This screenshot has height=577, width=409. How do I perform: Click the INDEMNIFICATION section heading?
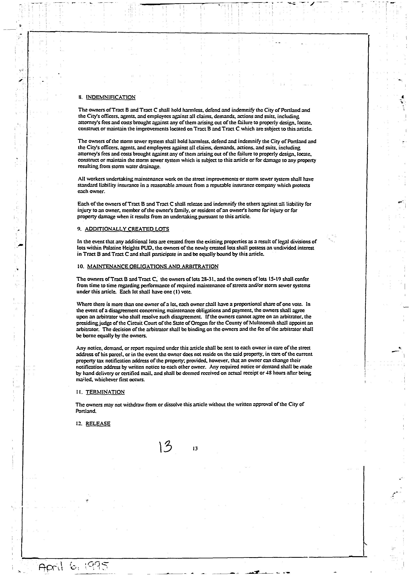point(111,97)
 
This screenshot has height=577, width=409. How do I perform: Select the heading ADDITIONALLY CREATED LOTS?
point(127,229)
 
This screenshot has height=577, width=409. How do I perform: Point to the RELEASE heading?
point(98,424)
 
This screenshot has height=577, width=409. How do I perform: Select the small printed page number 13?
point(195,449)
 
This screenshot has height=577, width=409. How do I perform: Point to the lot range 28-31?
point(208,279)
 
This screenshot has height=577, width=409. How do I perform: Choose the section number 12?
point(79,424)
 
